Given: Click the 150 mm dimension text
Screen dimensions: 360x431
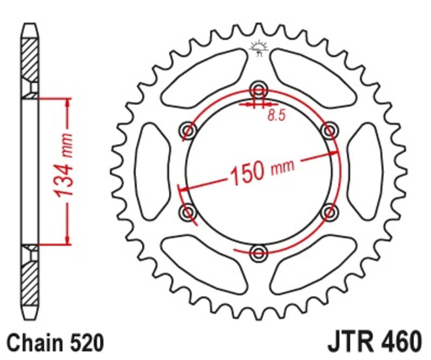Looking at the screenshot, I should pos(262,170).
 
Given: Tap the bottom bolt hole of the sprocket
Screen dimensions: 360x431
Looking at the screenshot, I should pos(259,252).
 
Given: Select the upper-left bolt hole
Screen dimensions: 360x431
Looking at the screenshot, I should pos(189,129).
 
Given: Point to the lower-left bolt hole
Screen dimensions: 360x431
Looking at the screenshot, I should pos(189,212).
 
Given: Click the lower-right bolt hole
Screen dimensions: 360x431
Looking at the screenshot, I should pos(329,212).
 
